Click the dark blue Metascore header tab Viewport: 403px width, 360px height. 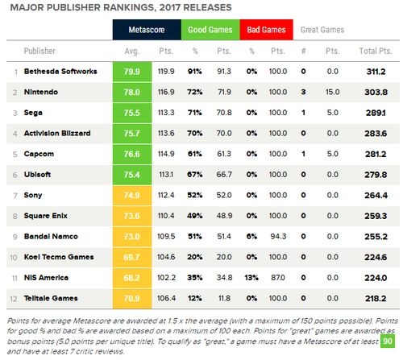pyautogui.click(x=147, y=30)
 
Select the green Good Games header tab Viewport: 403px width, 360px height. pyautogui.click(x=210, y=30)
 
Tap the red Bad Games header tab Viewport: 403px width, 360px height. pyautogui.click(x=266, y=30)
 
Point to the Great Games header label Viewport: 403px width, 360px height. pyautogui.click(x=322, y=30)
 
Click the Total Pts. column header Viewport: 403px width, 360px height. pyautogui.click(x=376, y=51)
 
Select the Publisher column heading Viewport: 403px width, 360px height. pyautogui.click(x=39, y=51)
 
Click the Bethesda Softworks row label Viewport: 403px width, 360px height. pyautogui.click(x=60, y=72)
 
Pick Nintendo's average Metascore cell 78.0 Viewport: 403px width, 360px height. pyautogui.click(x=132, y=92)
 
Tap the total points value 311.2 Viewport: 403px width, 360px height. pyautogui.click(x=376, y=72)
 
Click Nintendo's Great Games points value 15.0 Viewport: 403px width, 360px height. pyautogui.click(x=333, y=92)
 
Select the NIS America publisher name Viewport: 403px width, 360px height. pyautogui.click(x=46, y=278)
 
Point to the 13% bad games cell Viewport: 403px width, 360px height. pyautogui.click(x=251, y=278)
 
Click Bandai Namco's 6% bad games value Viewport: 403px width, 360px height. pyautogui.click(x=251, y=237)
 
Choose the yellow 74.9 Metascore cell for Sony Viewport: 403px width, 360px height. pyautogui.click(x=132, y=195)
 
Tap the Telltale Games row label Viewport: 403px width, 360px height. pyautogui.click(x=51, y=298)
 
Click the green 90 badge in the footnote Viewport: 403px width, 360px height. pyautogui.click(x=388, y=341)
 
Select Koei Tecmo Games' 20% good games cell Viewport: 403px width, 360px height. pyautogui.click(x=195, y=257)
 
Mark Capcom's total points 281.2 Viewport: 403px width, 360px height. pyautogui.click(x=376, y=154)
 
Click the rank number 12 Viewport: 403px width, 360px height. pyautogui.click(x=14, y=299)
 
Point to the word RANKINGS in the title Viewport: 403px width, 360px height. pyautogui.click(x=129, y=7)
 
